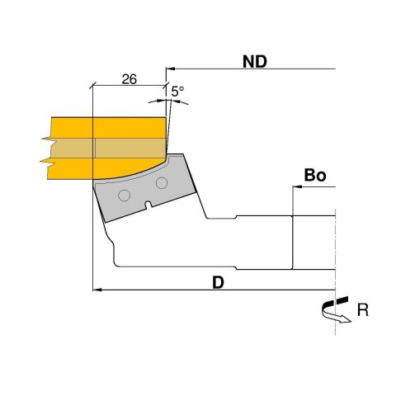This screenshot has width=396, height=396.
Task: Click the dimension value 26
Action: click(x=128, y=79)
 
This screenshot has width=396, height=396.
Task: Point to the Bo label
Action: click(x=314, y=176)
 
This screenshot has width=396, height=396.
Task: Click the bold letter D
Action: click(x=218, y=281)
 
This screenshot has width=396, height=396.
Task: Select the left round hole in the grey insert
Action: click(x=124, y=195)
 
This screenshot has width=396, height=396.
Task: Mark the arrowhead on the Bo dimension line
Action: click(x=298, y=188)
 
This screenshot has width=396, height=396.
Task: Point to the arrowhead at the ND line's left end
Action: click(x=171, y=69)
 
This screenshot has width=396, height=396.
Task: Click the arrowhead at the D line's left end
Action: click(x=95, y=290)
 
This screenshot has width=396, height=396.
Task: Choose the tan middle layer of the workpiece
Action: click(x=107, y=147)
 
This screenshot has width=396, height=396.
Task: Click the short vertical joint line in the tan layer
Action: click(x=95, y=147)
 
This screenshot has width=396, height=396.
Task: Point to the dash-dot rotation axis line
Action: click(x=337, y=247)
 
